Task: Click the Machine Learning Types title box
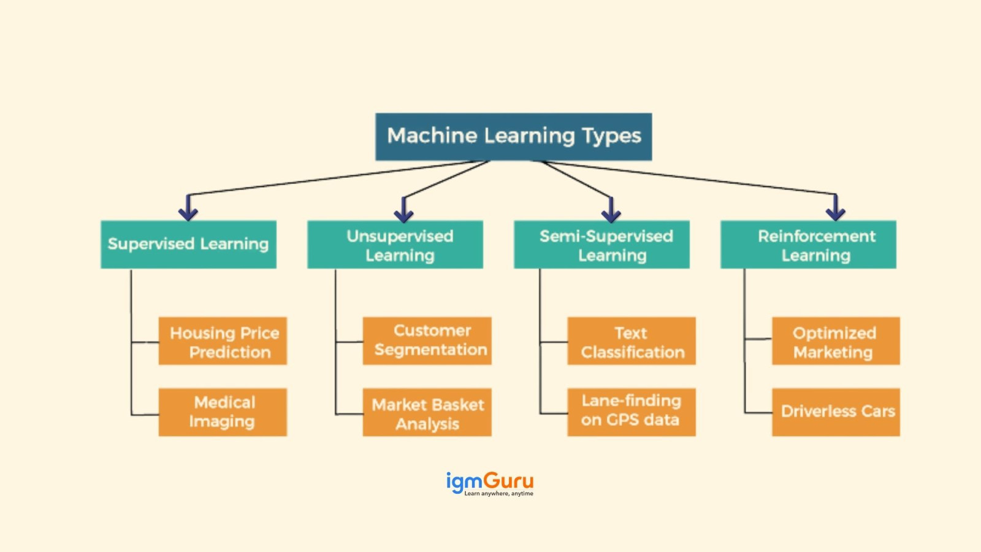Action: (x=513, y=136)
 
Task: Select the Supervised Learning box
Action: (x=188, y=244)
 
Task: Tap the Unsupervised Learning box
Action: (x=395, y=245)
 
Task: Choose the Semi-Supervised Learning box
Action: (x=601, y=245)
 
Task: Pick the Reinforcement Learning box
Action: (x=808, y=245)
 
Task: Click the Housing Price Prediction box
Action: (x=223, y=341)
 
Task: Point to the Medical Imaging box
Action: (x=223, y=412)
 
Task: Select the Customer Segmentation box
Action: (x=427, y=341)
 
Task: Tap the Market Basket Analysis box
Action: (x=427, y=412)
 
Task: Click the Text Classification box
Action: (x=632, y=341)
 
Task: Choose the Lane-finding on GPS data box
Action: (x=632, y=412)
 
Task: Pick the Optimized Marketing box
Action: (x=836, y=341)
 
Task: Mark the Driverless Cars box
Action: (x=836, y=412)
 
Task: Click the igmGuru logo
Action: (x=489, y=481)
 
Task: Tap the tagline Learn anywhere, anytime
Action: (x=498, y=493)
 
